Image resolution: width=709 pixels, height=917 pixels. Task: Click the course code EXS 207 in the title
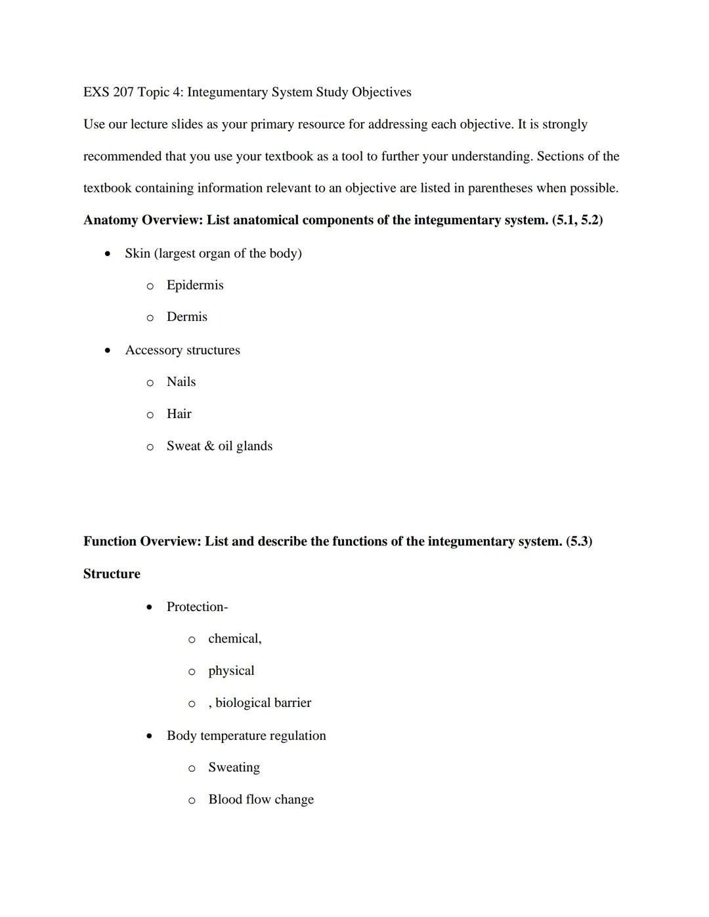pyautogui.click(x=108, y=93)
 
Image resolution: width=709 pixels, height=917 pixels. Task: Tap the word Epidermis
pyautogui.click(x=195, y=286)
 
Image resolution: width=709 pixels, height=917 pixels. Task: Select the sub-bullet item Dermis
pyautogui.click(x=186, y=317)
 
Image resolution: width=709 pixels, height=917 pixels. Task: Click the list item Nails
pyautogui.click(x=181, y=382)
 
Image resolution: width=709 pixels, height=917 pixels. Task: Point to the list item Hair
pyautogui.click(x=179, y=414)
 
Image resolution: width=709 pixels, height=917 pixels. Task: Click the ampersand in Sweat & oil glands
pyautogui.click(x=209, y=446)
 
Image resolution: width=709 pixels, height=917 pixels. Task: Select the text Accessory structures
pyautogui.click(x=183, y=351)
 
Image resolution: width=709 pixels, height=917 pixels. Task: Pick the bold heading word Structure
pyautogui.click(x=112, y=574)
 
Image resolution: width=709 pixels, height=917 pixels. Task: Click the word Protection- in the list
pyautogui.click(x=197, y=607)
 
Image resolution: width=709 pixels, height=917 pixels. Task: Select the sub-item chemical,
pyautogui.click(x=234, y=639)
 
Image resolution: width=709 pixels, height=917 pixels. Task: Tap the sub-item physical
pyautogui.click(x=231, y=671)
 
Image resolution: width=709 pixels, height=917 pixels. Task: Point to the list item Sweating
pyautogui.click(x=234, y=768)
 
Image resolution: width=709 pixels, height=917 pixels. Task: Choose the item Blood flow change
pyautogui.click(x=261, y=800)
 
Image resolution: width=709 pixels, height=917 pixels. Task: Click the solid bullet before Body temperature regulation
pyautogui.click(x=150, y=736)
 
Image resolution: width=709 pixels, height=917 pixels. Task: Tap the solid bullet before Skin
pyautogui.click(x=108, y=254)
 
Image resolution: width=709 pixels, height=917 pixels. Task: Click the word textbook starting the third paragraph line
pyautogui.click(x=107, y=188)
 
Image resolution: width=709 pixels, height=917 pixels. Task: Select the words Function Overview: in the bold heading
pyautogui.click(x=142, y=542)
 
